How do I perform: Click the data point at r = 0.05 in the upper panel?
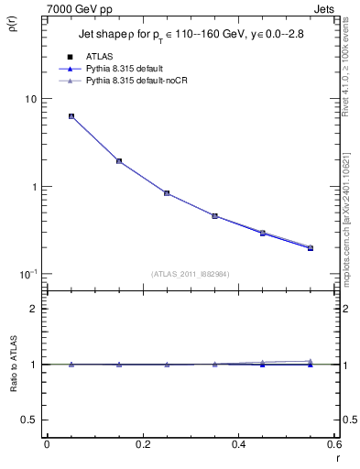pyautogui.click(x=71, y=116)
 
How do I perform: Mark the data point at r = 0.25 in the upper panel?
pyautogui.click(x=167, y=193)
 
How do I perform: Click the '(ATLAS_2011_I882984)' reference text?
pyautogui.click(x=191, y=273)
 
